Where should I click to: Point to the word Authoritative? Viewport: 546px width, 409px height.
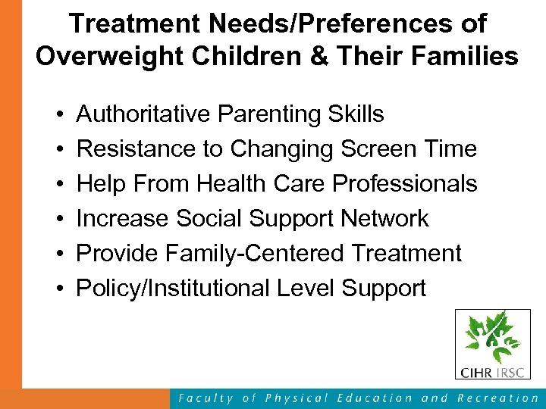tap(144, 114)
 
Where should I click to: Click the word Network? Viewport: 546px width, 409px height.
tap(384, 219)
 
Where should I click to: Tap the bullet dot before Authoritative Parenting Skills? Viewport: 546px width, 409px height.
tap(58, 115)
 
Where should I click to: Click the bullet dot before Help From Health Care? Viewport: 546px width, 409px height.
tap(58, 185)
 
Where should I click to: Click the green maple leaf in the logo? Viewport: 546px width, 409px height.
tap(493, 338)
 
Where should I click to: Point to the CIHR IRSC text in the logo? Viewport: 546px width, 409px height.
tap(492, 372)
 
